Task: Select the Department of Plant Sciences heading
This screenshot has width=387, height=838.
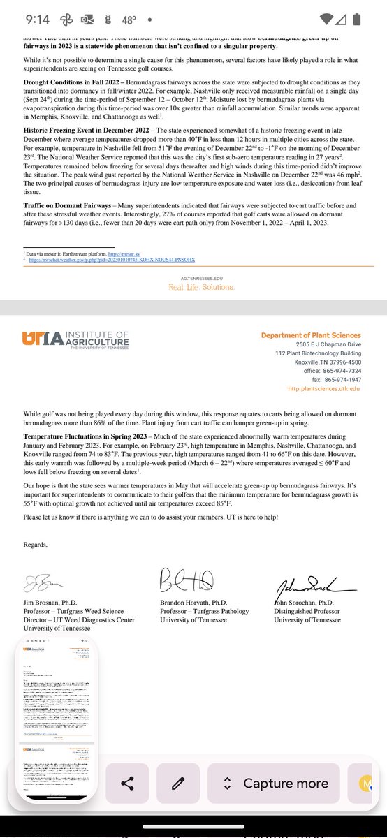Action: click(x=311, y=336)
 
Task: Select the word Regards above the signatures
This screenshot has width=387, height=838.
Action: click(x=36, y=545)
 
